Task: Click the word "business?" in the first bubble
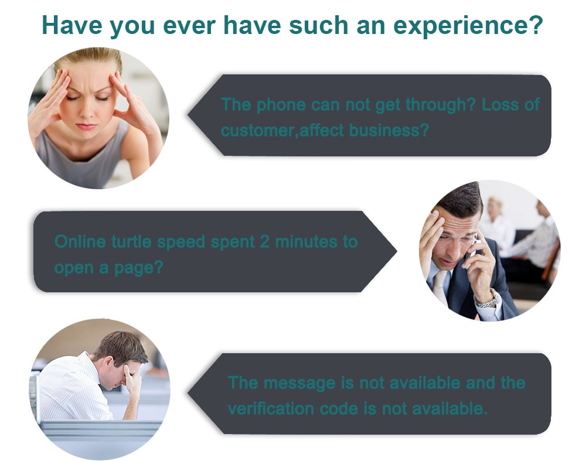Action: pyautogui.click(x=389, y=130)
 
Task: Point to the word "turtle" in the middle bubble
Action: pyautogui.click(x=131, y=241)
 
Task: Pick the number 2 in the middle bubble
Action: pyautogui.click(x=265, y=242)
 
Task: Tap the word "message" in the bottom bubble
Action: pyautogui.click(x=299, y=384)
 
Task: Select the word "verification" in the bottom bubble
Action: pyautogui.click(x=271, y=408)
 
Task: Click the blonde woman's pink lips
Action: pyautogui.click(x=86, y=126)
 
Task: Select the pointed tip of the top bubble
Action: pyautogui.click(x=188, y=115)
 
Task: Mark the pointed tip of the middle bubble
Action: pyautogui.click(x=397, y=251)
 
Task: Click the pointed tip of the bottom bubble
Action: pyautogui.click(x=188, y=393)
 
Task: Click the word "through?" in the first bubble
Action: pyautogui.click(x=440, y=105)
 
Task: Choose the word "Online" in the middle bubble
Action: pyautogui.click(x=80, y=241)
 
